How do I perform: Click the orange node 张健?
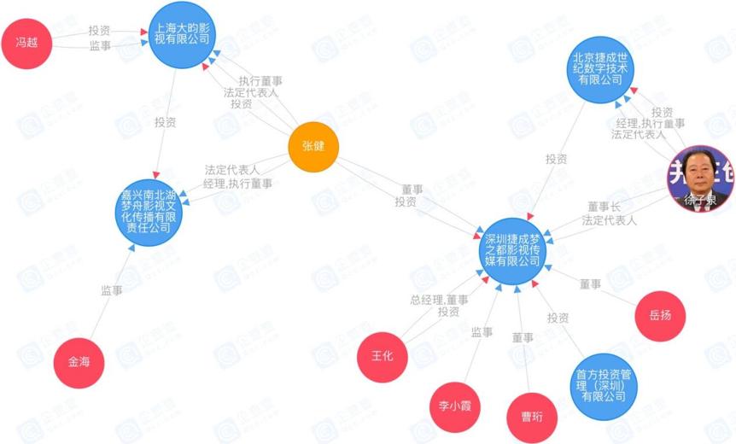point(313,147)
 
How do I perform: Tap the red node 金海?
point(79,361)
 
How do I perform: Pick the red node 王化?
point(382,354)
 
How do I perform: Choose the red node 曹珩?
point(532,417)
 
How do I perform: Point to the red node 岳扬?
point(660,314)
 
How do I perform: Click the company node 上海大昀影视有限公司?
point(180,34)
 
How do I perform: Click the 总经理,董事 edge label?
point(438,300)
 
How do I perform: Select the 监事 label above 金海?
point(112,290)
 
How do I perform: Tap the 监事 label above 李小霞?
point(482,331)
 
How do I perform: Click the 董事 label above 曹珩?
point(523,338)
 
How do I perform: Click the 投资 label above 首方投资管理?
point(558,318)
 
